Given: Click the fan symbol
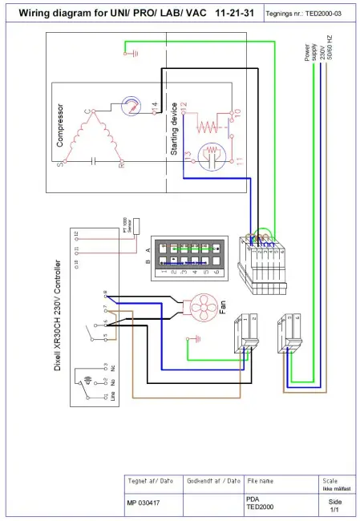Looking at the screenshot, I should click(196, 309).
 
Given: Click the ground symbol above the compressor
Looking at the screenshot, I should click(127, 53).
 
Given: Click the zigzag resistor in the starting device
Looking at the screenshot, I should click(207, 125).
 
